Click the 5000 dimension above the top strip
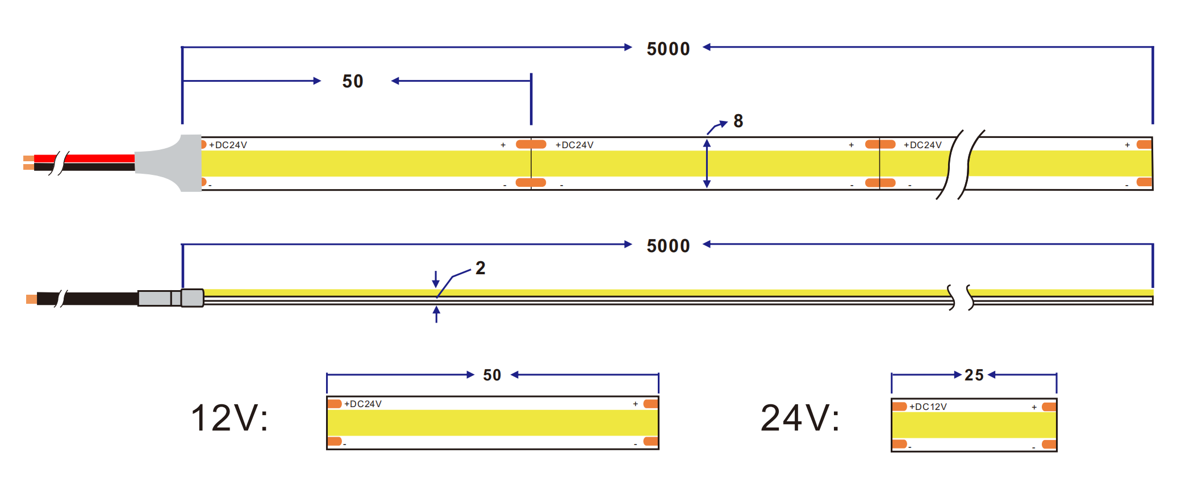(668, 49)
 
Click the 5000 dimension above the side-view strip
(668, 246)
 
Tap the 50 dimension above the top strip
(353, 81)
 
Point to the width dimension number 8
(738, 121)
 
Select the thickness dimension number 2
(481, 268)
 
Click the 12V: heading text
(229, 418)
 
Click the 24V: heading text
(800, 418)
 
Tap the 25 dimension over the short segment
(974, 375)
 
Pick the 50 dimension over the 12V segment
(492, 375)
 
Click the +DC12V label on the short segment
(928, 407)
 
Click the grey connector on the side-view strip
(170, 298)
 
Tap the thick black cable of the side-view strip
(102, 299)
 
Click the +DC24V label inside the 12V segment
(363, 404)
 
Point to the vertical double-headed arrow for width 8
(707, 164)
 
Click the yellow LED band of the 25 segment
(974, 425)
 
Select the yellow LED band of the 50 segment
(492, 422)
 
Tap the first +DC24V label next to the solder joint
(228, 145)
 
